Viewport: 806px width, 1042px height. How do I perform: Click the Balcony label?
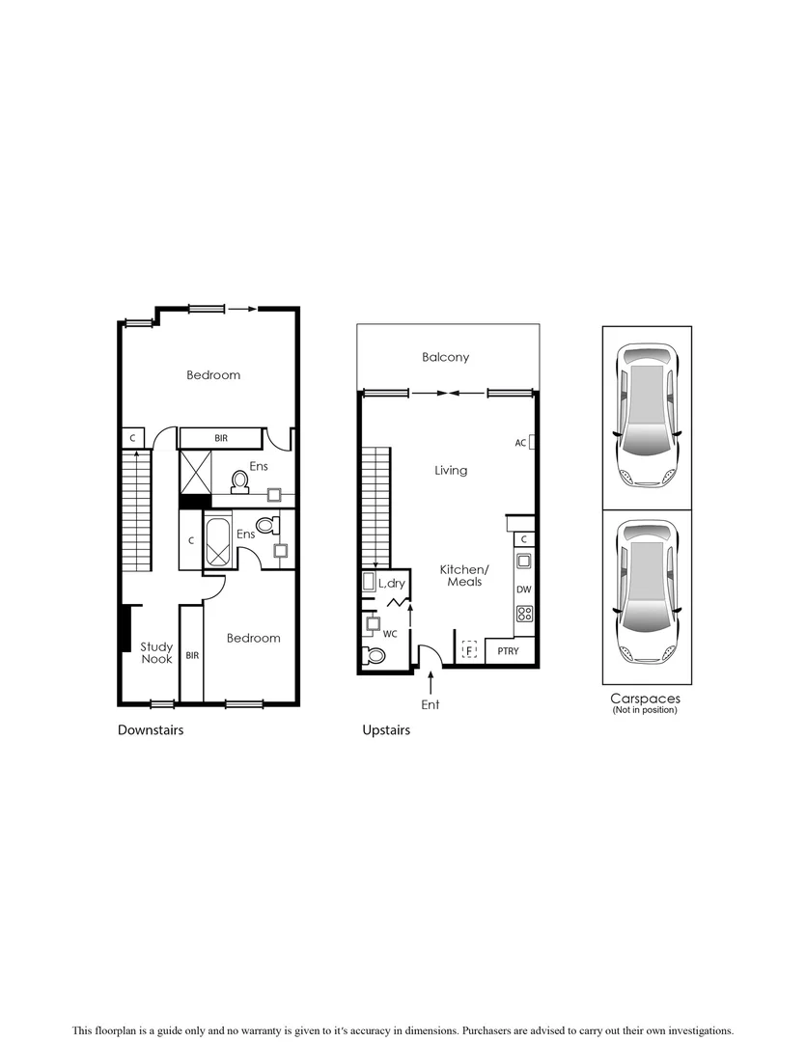click(x=445, y=357)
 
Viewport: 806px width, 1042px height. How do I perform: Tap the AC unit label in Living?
click(x=520, y=443)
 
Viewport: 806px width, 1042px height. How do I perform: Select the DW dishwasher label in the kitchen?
click(x=523, y=589)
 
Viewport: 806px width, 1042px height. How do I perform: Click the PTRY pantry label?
click(x=508, y=651)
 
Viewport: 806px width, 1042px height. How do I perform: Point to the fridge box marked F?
click(x=470, y=650)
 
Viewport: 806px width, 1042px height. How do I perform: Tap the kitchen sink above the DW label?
click(x=524, y=561)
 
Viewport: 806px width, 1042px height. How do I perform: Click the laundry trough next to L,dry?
click(x=368, y=582)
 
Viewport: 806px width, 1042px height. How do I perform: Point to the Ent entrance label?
click(x=431, y=705)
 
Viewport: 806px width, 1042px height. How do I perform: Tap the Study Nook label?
click(x=155, y=653)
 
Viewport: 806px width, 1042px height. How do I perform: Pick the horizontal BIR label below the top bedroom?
click(x=221, y=438)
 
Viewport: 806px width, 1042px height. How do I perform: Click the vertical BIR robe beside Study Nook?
click(x=191, y=654)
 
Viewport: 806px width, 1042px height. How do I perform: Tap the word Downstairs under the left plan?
click(x=151, y=730)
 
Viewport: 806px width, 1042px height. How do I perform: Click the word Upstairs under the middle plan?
click(x=386, y=730)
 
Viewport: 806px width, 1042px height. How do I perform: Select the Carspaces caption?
click(x=645, y=699)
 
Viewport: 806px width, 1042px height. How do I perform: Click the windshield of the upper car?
click(x=647, y=373)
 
